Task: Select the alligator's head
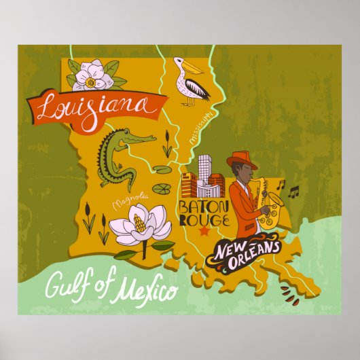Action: pyautogui.click(x=139, y=140)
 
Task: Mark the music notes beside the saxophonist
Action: pyautogui.click(x=293, y=192)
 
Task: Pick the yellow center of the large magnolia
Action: pyautogui.click(x=139, y=223)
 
